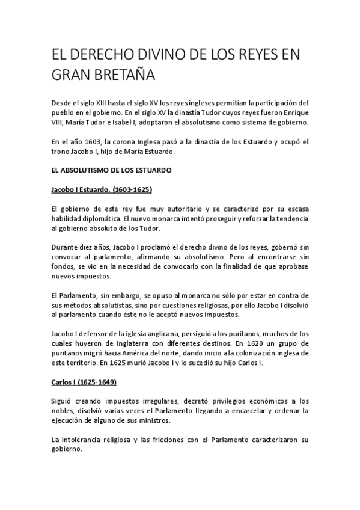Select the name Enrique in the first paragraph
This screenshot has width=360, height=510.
293,112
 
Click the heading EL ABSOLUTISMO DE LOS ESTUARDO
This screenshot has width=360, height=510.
112,170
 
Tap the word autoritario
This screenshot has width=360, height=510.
176,209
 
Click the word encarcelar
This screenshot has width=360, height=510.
249,411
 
